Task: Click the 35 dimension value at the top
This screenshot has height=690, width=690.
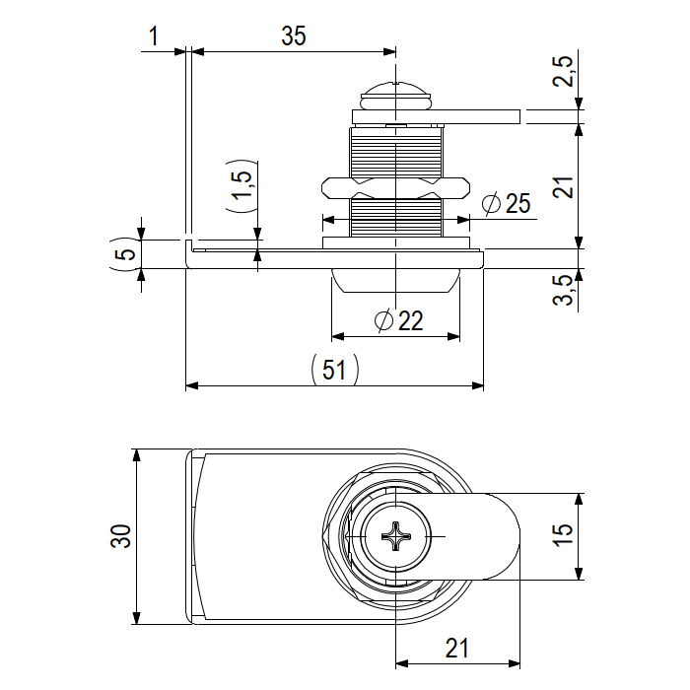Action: (x=293, y=36)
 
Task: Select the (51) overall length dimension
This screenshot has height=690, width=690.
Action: (x=334, y=370)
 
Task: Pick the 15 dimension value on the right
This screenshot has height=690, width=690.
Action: (x=563, y=536)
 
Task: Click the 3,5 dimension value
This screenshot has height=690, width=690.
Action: (x=563, y=292)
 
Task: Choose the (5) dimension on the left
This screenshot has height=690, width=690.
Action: (x=122, y=254)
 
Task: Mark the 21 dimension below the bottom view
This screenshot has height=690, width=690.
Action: (x=456, y=649)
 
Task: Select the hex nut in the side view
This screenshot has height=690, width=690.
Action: (x=394, y=186)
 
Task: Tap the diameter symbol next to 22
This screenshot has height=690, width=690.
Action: (x=385, y=320)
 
